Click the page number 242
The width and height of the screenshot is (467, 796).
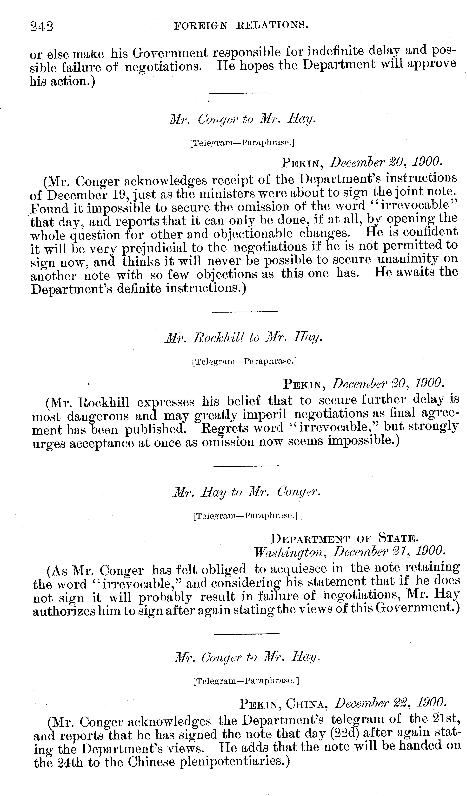[41, 27]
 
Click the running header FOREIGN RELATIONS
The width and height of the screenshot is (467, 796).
[241, 25]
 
